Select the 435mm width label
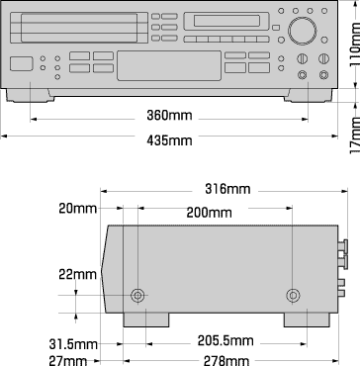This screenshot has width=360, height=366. pyautogui.click(x=169, y=141)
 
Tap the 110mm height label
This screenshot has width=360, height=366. pyautogui.click(x=351, y=46)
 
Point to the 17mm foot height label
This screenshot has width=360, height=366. pyautogui.click(x=351, y=130)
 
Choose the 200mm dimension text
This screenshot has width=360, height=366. pyautogui.click(x=210, y=213)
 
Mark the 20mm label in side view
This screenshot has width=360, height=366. pyautogui.click(x=77, y=209)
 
